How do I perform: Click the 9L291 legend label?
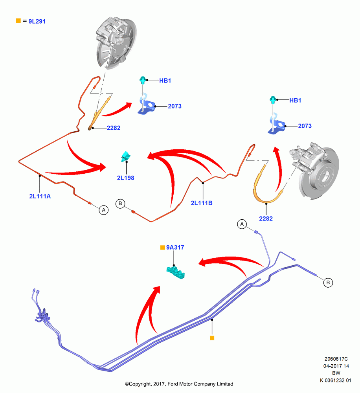[37, 21]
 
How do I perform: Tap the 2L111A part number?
[40, 196]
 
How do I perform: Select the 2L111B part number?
[202, 203]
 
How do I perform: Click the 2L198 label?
[126, 178]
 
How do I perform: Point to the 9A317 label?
[175, 247]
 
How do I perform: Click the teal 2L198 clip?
[125, 156]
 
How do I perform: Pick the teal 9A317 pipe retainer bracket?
[176, 272]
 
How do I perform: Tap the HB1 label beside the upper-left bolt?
[165, 81]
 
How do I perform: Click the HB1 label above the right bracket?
[295, 101]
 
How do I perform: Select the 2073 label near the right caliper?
[305, 126]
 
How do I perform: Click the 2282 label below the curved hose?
[266, 219]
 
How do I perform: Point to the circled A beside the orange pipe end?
[103, 210]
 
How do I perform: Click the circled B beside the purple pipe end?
[328, 283]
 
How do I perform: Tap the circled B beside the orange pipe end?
[120, 203]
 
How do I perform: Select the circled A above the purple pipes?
[242, 224]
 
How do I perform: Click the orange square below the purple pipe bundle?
[212, 338]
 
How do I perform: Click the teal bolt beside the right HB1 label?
[273, 99]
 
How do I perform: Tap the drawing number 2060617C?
[336, 359]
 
